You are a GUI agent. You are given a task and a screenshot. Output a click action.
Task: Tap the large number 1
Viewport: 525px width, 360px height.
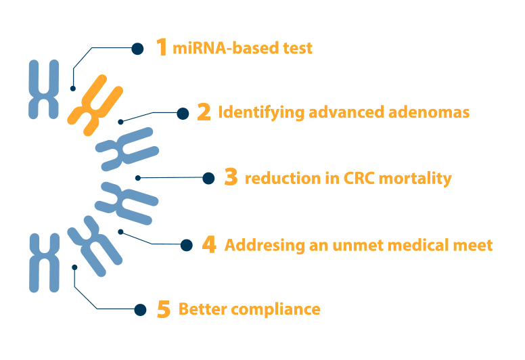[x=162, y=47]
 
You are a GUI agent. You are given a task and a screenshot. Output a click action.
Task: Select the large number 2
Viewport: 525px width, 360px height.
[x=204, y=112]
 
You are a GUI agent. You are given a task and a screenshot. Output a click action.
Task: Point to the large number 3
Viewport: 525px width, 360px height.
[x=231, y=177]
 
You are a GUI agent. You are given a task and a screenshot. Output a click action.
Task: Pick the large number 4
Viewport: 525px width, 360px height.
[x=209, y=244]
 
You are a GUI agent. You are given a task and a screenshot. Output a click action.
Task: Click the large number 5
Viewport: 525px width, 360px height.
[x=164, y=309]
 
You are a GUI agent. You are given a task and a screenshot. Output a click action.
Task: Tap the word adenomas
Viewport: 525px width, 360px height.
[x=429, y=112]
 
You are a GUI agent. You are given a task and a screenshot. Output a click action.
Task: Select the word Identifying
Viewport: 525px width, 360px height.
[x=261, y=112]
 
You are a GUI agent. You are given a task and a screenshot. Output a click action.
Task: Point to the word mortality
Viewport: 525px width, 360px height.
[x=415, y=178]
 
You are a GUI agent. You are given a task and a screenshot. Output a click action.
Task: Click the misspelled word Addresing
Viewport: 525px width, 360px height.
[x=265, y=246]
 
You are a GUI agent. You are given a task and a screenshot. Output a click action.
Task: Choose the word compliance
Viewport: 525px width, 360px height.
[x=275, y=309]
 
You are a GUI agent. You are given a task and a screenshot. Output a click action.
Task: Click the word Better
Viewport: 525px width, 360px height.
[x=203, y=309]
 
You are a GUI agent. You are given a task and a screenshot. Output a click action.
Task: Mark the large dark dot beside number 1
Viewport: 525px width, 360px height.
[x=137, y=49]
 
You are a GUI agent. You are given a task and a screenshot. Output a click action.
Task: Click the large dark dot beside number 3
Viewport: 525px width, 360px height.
[x=208, y=178]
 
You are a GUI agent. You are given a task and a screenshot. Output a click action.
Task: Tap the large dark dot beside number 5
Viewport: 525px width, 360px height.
[x=140, y=310]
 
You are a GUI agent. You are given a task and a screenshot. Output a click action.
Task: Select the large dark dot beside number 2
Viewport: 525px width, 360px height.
[x=183, y=114]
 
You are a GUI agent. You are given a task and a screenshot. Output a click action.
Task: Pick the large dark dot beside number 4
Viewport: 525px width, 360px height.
[x=186, y=245]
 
